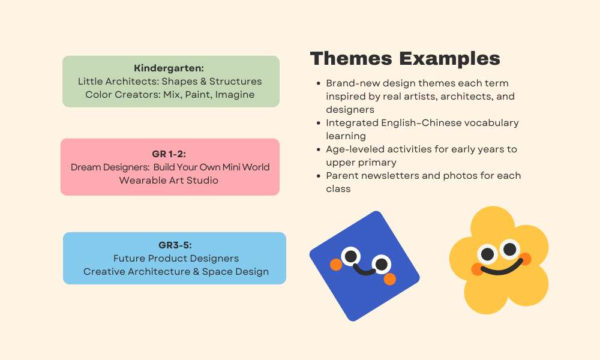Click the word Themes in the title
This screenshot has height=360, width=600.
351,59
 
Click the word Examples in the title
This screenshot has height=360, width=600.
449,59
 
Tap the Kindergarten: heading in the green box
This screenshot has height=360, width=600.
169,68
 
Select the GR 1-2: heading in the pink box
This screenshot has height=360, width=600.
169,154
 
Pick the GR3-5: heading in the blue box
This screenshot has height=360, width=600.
175,245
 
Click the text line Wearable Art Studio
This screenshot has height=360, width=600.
169,180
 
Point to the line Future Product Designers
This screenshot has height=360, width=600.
176,258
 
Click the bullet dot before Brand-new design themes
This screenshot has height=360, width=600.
319,83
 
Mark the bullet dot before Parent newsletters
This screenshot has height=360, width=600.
319,176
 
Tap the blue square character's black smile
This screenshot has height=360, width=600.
364,270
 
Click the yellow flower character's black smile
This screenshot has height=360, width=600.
502,268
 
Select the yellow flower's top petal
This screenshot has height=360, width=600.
493,223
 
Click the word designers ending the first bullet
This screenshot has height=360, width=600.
350,110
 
